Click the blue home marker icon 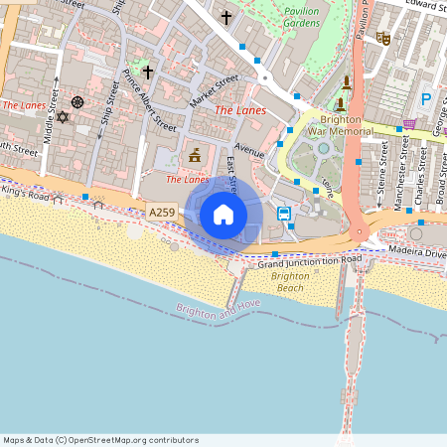[x=223, y=215]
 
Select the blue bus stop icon [x=284, y=214]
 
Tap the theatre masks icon [x=383, y=39]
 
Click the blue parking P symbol [x=426, y=99]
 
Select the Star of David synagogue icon [x=64, y=117]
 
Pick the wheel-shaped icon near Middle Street [x=77, y=102]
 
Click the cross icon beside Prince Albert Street [x=148, y=72]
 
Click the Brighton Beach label [x=290, y=281]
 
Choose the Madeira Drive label [x=418, y=252]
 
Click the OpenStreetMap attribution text [x=100, y=440]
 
